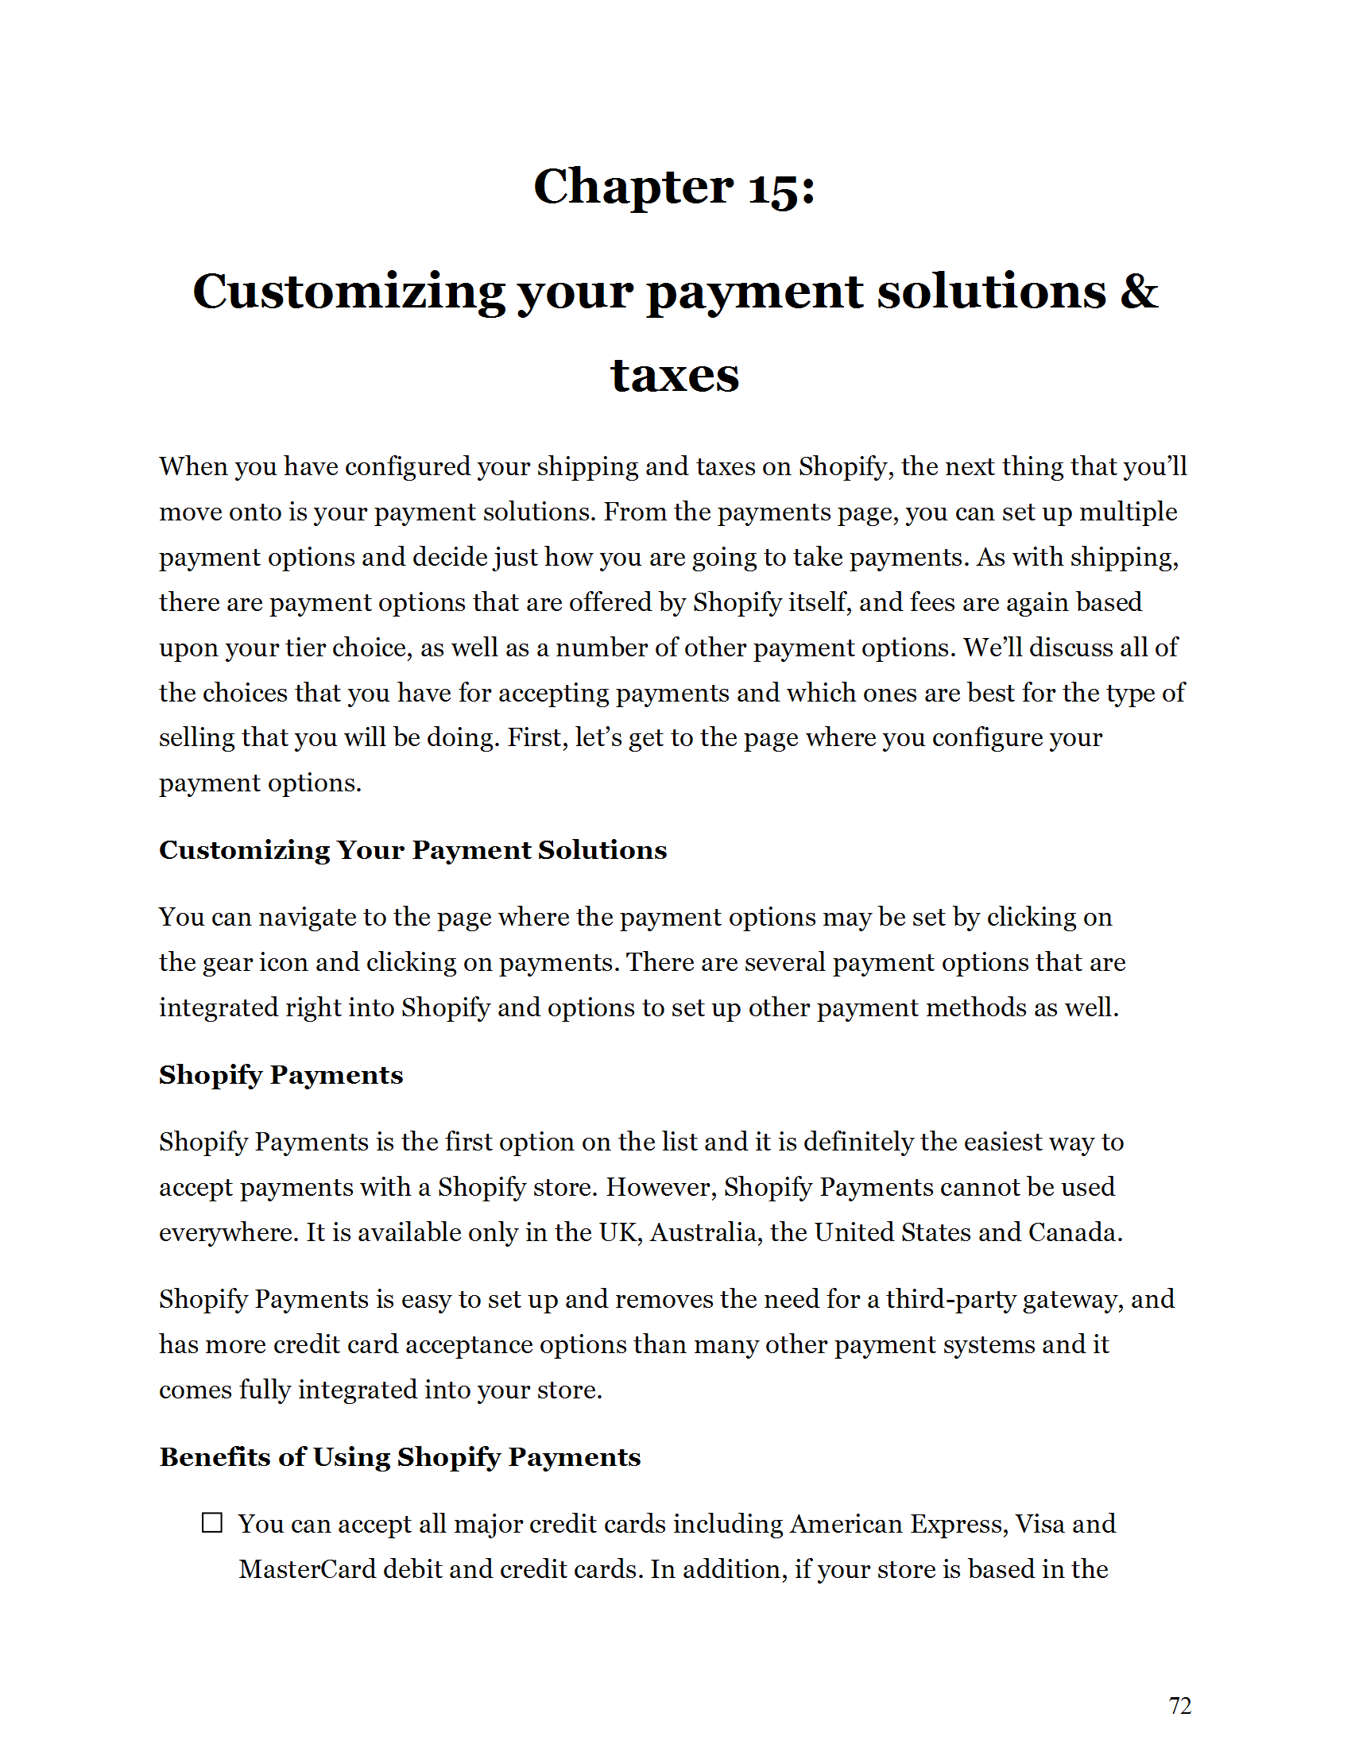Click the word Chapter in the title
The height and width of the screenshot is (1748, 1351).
click(x=633, y=188)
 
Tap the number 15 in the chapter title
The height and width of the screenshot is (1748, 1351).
click(x=773, y=189)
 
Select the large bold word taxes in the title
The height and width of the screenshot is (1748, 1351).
click(x=675, y=374)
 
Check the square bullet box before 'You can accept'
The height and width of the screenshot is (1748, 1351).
click(x=212, y=1522)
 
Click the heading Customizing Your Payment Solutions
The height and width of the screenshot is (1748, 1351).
click(x=412, y=849)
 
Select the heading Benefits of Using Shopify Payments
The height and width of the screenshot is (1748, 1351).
click(x=400, y=1456)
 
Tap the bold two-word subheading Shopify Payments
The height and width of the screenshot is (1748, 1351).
click(x=280, y=1074)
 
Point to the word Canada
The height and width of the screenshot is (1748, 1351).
click(x=1074, y=1232)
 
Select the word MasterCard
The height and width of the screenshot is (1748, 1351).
click(x=307, y=1568)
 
